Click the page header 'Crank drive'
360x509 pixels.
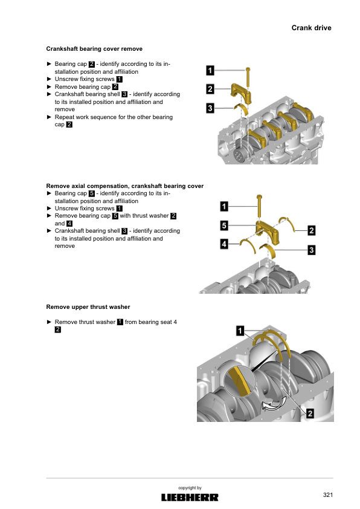311,28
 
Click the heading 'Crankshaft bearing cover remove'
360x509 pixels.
94,49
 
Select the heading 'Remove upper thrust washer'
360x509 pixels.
88,307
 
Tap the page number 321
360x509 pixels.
328,494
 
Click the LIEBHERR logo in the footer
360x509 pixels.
190,498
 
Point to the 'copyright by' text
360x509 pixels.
190,488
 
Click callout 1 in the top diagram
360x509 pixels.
210,71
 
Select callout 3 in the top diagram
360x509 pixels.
210,108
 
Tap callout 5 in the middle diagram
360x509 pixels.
224,225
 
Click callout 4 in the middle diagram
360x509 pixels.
224,244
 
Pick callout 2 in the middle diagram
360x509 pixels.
311,230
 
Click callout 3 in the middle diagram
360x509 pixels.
311,250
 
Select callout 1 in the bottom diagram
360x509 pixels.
240,331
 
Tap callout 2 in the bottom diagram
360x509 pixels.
310,413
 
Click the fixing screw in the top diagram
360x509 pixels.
248,77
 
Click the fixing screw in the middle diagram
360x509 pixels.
259,207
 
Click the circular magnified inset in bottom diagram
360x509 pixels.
240,381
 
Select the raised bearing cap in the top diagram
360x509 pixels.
242,93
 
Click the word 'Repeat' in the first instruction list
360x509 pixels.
64,117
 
